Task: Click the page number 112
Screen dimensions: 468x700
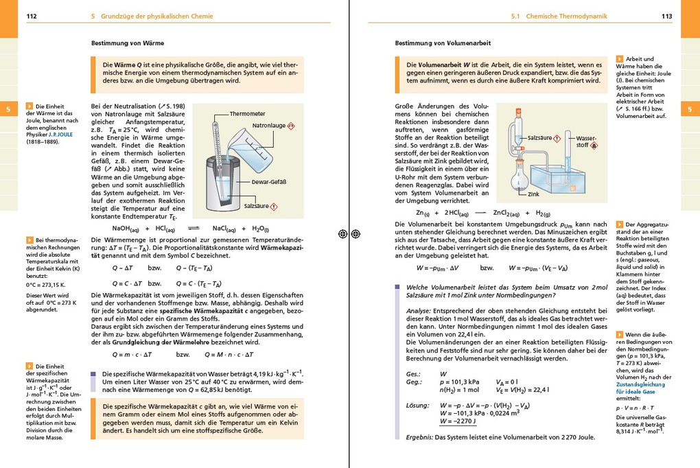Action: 31,16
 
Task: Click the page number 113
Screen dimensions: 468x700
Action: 666,16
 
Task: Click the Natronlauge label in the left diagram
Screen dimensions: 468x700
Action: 268,126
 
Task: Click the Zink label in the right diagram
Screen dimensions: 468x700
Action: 533,194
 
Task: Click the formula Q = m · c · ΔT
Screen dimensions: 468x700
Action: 132,355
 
